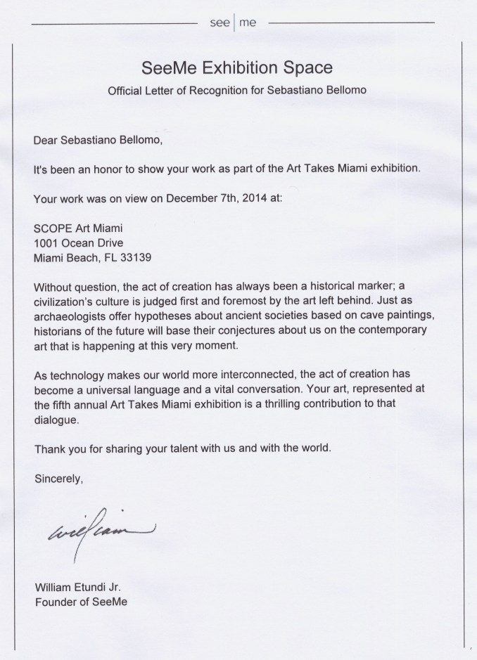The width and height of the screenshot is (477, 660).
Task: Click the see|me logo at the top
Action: pos(234,23)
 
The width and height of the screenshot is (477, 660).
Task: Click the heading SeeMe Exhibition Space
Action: pos(237,69)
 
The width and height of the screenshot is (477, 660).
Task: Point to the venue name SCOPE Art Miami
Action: pos(72,228)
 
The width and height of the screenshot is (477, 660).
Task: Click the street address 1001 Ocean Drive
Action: pos(78,242)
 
